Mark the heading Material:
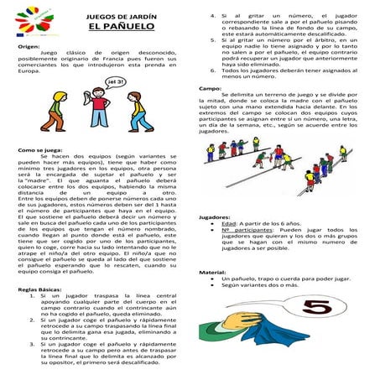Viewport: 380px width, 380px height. point(214,273)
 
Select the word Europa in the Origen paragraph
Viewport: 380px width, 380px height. point(30,75)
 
